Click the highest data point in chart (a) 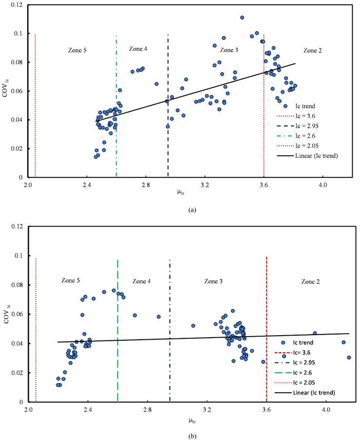[x=242, y=17]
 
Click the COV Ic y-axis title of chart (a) [x=7, y=91]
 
